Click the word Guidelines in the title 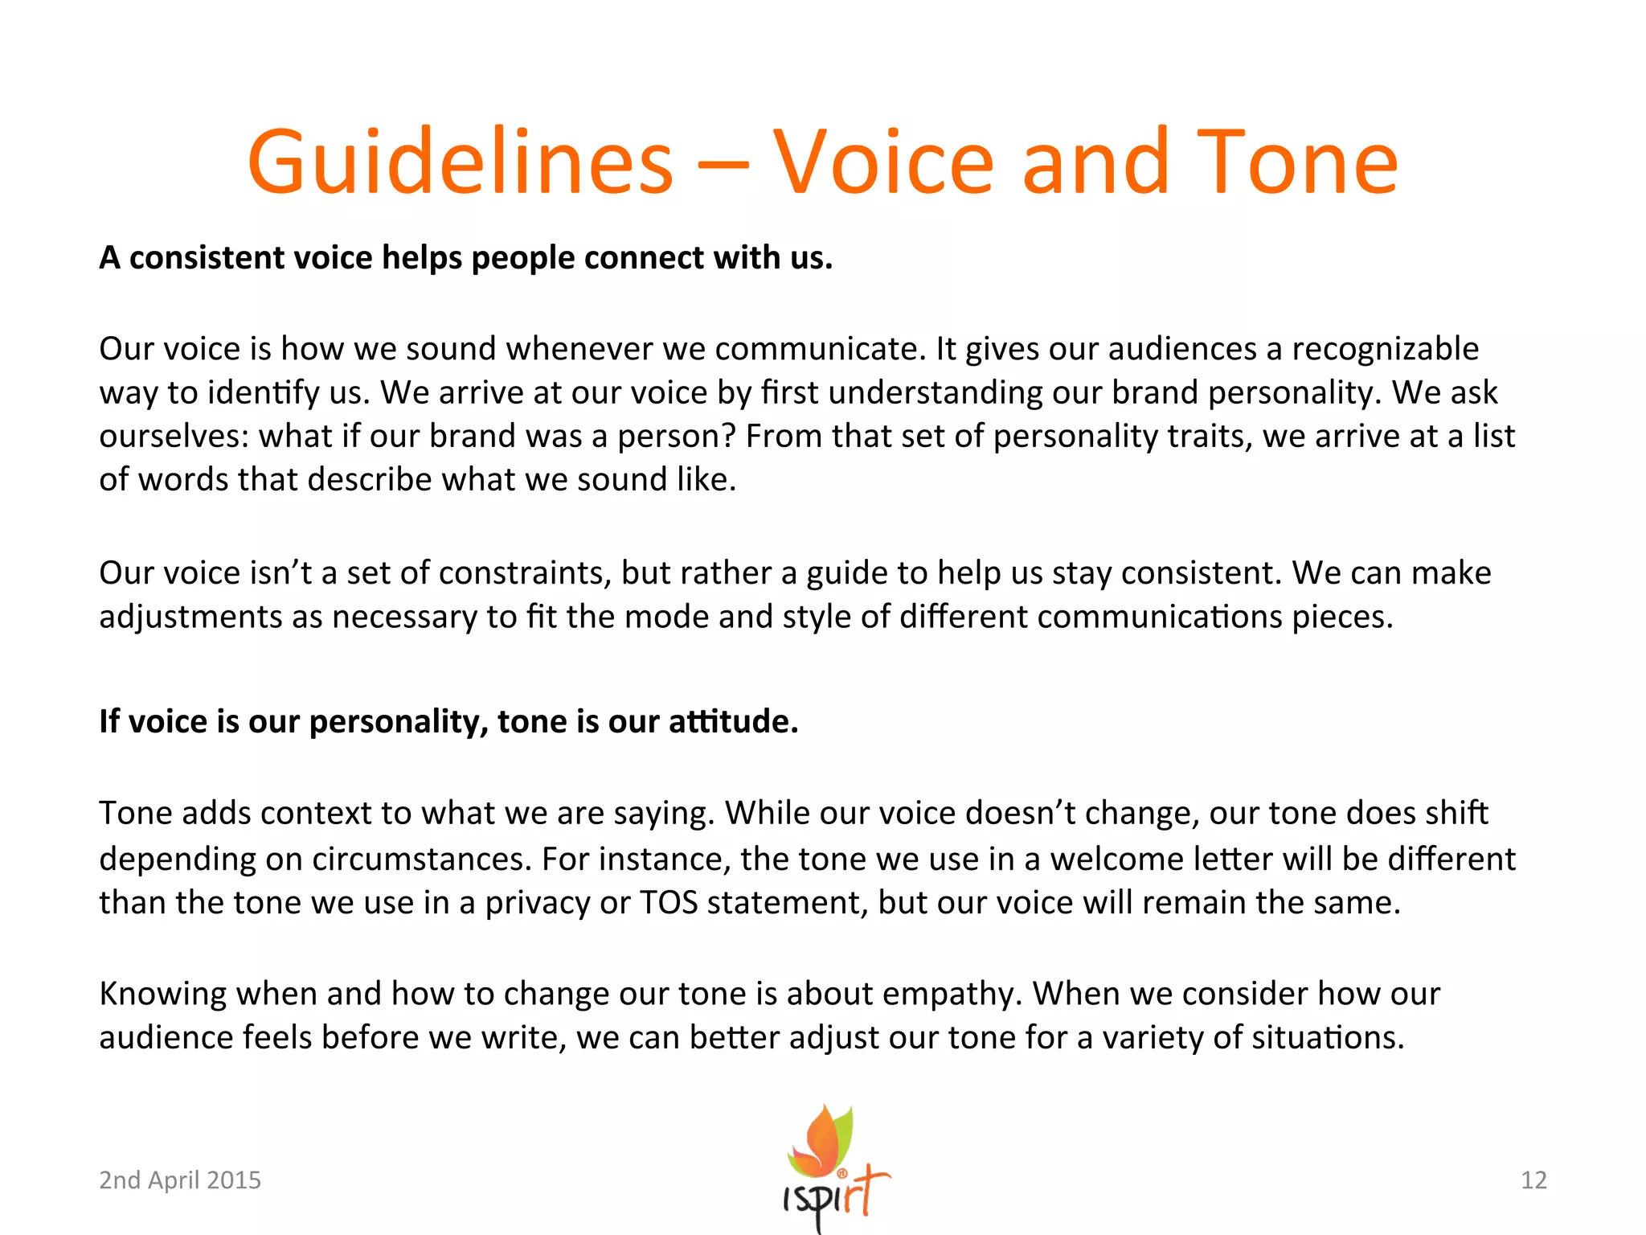460,163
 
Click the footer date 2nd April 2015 180,1180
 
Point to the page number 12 1533,1180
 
